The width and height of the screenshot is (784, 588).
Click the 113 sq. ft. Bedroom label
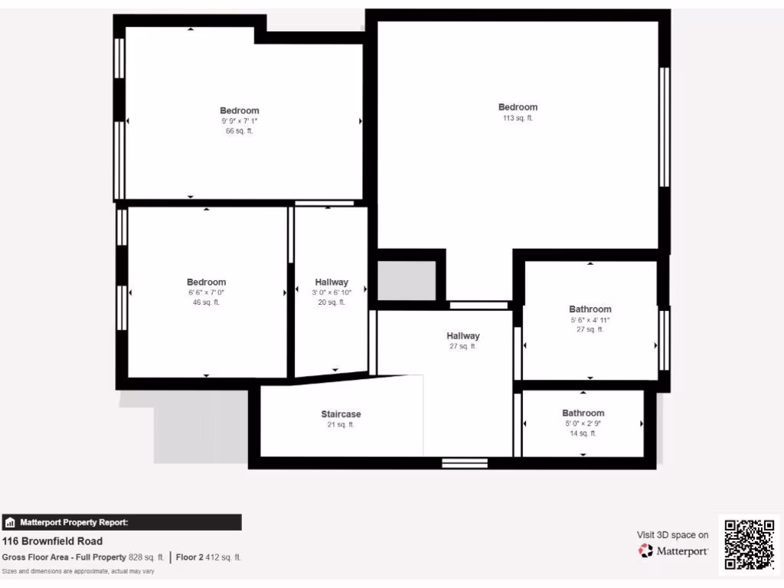point(518,107)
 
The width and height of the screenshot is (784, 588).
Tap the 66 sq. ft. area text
point(239,131)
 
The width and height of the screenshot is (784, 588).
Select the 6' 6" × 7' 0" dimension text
point(206,292)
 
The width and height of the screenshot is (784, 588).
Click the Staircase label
point(341,414)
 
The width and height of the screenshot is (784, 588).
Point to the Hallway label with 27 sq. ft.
point(462,336)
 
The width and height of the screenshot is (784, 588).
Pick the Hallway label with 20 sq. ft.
point(332,283)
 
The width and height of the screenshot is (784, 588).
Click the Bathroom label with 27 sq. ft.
point(590,309)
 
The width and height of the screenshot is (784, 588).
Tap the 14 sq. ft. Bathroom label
point(583,413)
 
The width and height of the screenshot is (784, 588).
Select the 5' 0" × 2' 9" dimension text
point(583,423)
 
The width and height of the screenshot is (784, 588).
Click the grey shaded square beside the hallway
point(407,280)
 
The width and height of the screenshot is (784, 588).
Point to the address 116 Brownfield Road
point(52,541)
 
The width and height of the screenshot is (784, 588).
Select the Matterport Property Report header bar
point(122,523)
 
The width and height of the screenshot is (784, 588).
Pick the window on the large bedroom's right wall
point(665,127)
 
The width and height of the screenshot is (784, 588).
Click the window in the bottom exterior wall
point(465,462)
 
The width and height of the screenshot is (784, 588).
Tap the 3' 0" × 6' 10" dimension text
point(332,292)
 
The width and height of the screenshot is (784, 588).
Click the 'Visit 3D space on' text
point(672,535)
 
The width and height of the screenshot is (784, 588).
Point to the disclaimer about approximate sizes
point(77,571)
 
